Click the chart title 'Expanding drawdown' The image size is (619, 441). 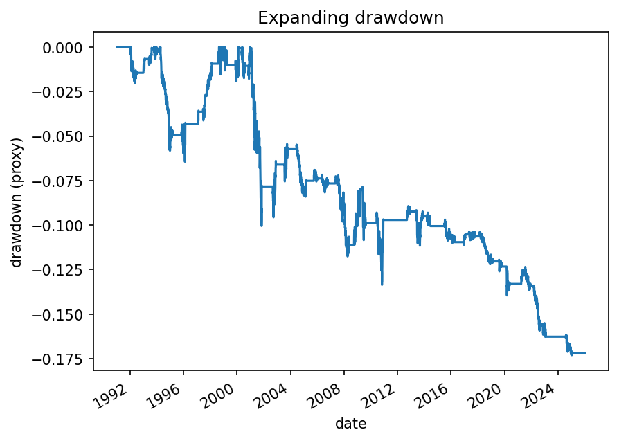tap(350, 18)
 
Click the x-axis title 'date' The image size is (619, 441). tap(350, 423)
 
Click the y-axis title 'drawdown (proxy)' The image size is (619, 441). tap(17, 202)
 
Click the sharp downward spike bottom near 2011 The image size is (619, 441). tap(382, 284)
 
